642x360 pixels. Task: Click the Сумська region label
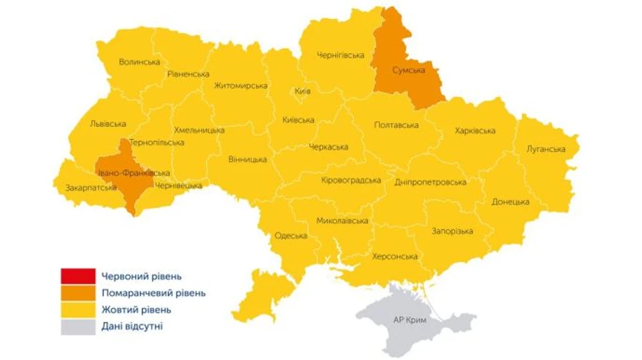pos(409,71)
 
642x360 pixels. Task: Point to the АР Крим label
pos(409,320)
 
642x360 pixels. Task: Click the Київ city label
pos(302,91)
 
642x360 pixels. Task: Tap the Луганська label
pos(546,149)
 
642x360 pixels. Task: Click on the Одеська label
pos(290,236)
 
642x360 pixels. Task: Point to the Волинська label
pos(140,62)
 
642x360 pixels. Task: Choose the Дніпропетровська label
pos(430,182)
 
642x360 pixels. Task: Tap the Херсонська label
pos(394,256)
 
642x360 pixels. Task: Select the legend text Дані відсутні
pos(133,327)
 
